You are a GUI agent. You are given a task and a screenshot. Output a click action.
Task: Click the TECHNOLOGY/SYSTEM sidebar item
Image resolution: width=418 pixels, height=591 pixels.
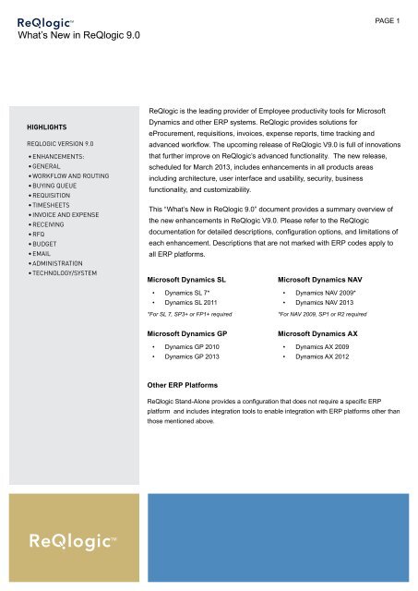[70, 274]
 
